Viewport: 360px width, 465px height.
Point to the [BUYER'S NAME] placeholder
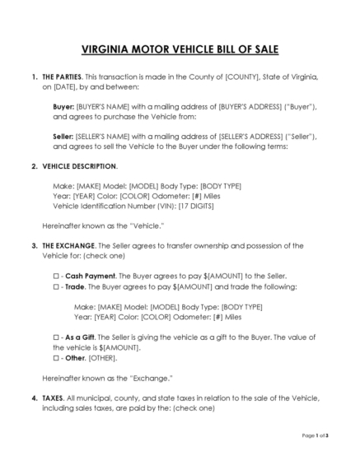(104, 106)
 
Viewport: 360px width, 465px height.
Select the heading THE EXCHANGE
(66, 245)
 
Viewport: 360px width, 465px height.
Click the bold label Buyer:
(63, 106)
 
